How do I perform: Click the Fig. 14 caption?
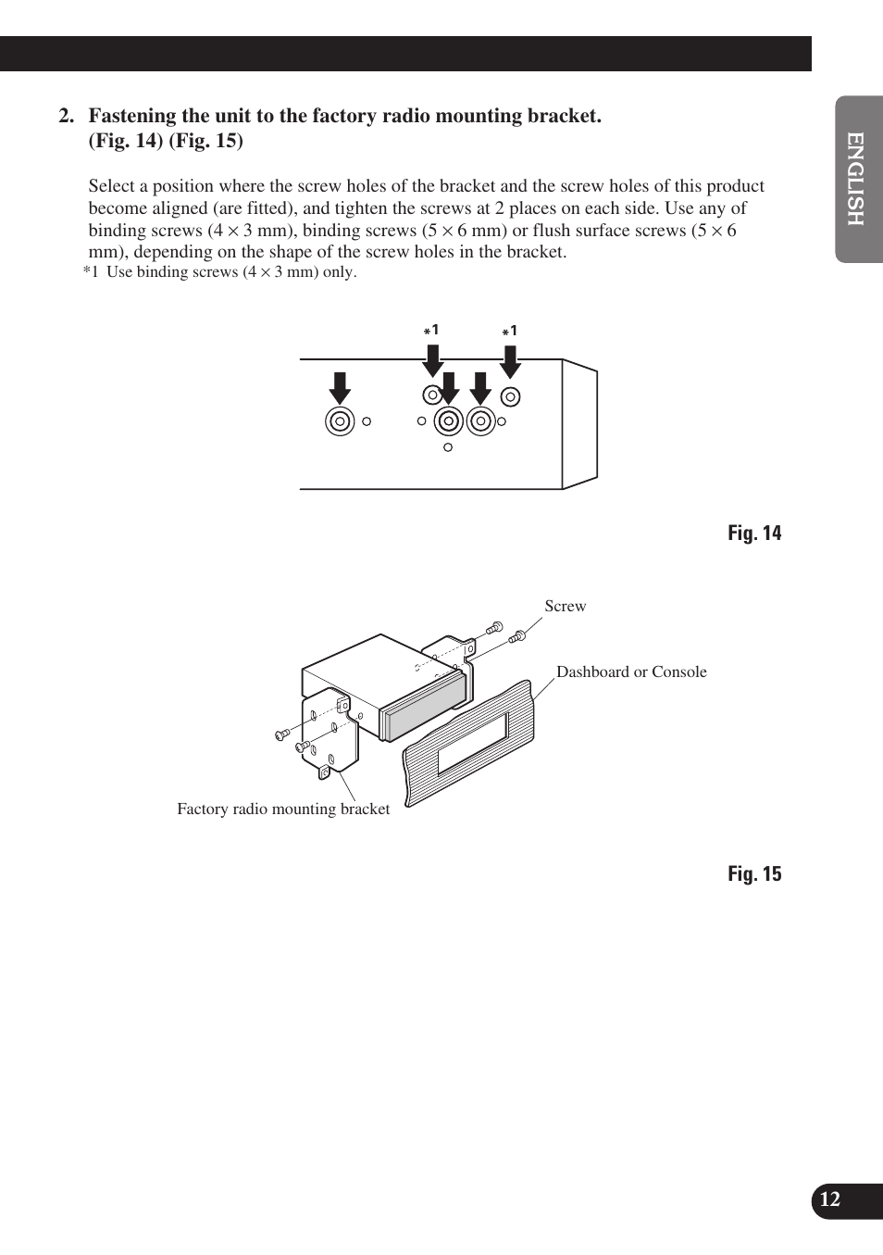pyautogui.click(x=753, y=533)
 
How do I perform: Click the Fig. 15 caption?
pyautogui.click(x=753, y=874)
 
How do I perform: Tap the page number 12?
pyautogui.click(x=830, y=1199)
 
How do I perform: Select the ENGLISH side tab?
pyautogui.click(x=857, y=179)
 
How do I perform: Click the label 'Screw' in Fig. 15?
pyautogui.click(x=565, y=606)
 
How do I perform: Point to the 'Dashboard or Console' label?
pyautogui.click(x=631, y=671)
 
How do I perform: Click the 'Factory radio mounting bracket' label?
pyautogui.click(x=283, y=809)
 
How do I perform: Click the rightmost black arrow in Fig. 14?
pyautogui.click(x=510, y=360)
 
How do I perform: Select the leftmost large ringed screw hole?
pyautogui.click(x=340, y=421)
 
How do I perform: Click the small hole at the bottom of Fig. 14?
pyautogui.click(x=448, y=447)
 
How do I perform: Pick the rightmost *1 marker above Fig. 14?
pyautogui.click(x=510, y=331)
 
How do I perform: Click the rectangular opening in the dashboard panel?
pyautogui.click(x=472, y=742)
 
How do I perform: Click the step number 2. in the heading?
pyautogui.click(x=66, y=116)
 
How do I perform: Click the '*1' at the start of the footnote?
pyautogui.click(x=91, y=272)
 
